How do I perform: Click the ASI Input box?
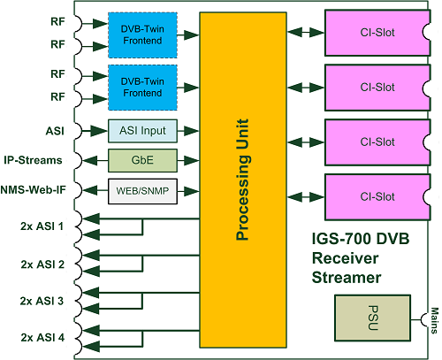(142, 131)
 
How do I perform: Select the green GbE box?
(142, 161)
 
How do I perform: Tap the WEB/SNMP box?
(142, 190)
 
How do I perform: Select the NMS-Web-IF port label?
(33, 190)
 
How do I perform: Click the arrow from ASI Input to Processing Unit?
(188, 131)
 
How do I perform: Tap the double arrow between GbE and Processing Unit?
(188, 161)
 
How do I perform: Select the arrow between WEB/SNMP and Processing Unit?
(188, 190)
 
